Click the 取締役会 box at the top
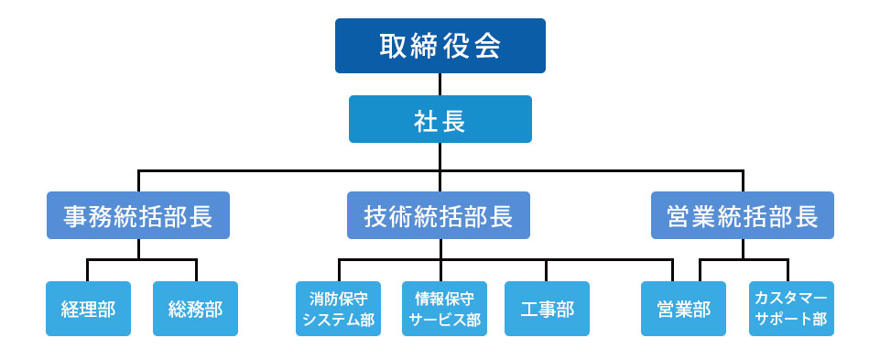tap(440, 46)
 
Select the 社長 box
tap(440, 119)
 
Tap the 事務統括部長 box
tap(138, 215)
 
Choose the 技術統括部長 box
tap(440, 215)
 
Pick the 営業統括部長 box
tap(742, 215)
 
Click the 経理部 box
tap(88, 309)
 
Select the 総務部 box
tap(195, 309)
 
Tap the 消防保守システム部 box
tap(339, 309)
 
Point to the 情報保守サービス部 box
tap(444, 309)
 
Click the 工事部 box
tap(547, 309)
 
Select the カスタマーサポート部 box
tap(791, 309)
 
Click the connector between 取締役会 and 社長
tap(440, 84)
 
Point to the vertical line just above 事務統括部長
tap(138, 180)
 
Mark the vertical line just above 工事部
tap(547, 270)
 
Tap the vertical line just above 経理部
tap(88, 270)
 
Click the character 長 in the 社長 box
tap(453, 120)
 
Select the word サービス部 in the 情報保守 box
tap(445, 320)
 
